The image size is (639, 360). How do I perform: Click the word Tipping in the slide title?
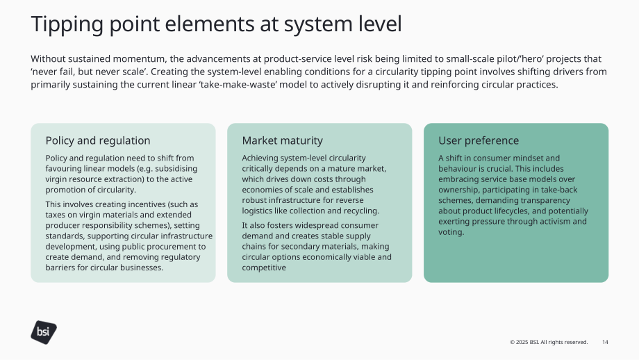tap(67, 24)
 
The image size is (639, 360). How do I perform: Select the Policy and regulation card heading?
tap(98, 140)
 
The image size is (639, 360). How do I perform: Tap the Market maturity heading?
tap(283, 140)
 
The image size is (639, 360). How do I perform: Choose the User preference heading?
tap(479, 140)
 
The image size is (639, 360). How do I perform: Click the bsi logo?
tap(44, 332)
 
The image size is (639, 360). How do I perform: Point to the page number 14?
tap(605, 342)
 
